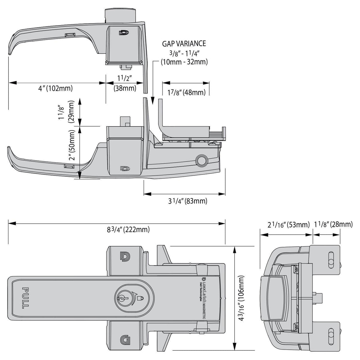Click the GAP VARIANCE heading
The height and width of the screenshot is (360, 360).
[x=184, y=43]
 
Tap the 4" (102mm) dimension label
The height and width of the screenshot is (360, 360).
[x=55, y=88]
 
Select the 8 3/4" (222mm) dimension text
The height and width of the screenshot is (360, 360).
[x=128, y=230]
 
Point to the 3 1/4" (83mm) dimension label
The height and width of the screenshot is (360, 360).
[x=187, y=201]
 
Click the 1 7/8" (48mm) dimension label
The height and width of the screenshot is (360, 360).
[x=186, y=92]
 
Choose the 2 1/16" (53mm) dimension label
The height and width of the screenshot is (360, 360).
[x=288, y=225]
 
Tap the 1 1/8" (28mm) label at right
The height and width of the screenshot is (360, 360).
[x=333, y=225]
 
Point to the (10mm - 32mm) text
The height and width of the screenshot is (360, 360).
[x=184, y=62]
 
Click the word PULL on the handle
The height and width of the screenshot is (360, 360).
[x=25, y=298]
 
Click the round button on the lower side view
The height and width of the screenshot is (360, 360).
[x=199, y=160]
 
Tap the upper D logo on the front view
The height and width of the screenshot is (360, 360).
[x=124, y=256]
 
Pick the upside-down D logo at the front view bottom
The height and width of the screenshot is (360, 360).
[x=124, y=340]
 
